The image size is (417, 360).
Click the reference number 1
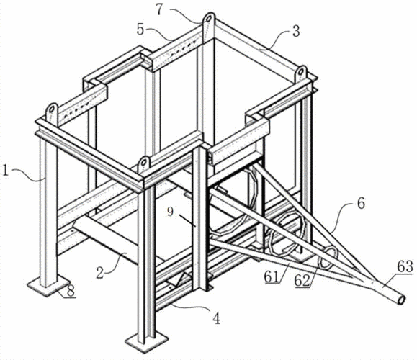tap(5, 170)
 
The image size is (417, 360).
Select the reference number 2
tap(99, 273)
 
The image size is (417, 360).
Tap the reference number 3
tap(296, 31)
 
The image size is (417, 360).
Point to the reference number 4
tap(217, 318)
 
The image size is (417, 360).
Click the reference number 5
tap(140, 30)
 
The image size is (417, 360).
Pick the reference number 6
tap(361, 204)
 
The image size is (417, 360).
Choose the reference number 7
tap(159, 9)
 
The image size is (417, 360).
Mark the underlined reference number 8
tap(70, 291)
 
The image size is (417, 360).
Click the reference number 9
tap(171, 212)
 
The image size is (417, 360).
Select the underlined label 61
tap(272, 277)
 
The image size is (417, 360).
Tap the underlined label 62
tap(302, 281)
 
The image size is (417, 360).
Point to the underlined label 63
tap(405, 266)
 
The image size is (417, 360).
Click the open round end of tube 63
tap(401, 300)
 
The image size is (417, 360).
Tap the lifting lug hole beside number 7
tap(209, 19)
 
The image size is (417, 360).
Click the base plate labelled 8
tap(49, 286)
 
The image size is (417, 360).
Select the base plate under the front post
tap(147, 342)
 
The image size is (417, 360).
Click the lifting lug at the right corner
tap(300, 73)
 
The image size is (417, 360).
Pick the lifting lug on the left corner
tap(52, 112)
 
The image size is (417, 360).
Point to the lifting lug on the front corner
tap(144, 165)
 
